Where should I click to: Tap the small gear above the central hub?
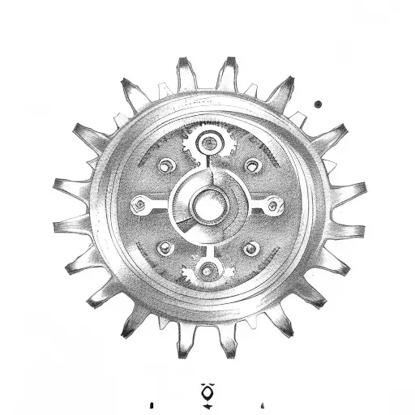coord(209,144)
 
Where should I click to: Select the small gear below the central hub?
coord(208,271)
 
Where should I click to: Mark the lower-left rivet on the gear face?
coord(166,247)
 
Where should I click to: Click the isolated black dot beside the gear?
coord(319,104)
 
